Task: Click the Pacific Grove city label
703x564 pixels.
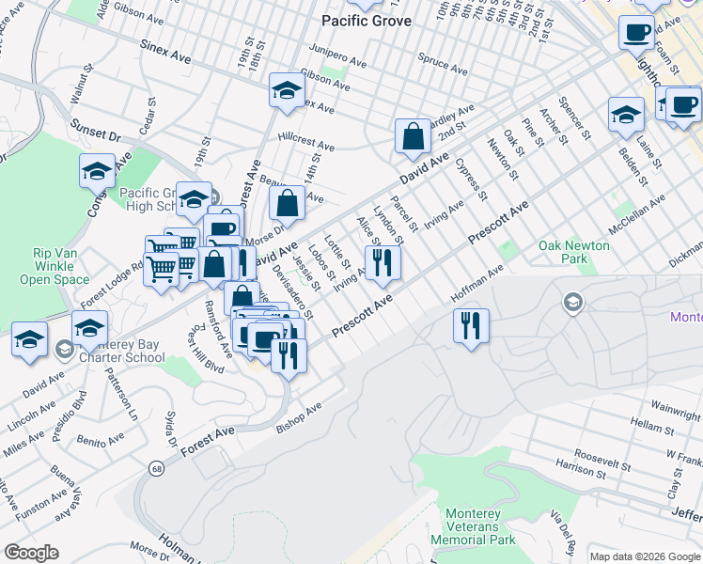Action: [x=367, y=21]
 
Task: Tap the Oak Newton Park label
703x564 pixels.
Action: [x=574, y=252]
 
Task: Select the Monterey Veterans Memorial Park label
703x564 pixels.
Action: [x=474, y=526]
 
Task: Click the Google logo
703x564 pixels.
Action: [x=31, y=552]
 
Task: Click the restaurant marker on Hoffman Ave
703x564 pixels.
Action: [x=468, y=325]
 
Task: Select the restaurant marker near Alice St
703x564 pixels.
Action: [x=382, y=261]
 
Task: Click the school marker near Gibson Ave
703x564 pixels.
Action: [x=286, y=89]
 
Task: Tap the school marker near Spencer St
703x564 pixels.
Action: [x=625, y=115]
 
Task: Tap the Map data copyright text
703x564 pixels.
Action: [x=643, y=556]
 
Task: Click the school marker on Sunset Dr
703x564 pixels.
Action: [x=96, y=170]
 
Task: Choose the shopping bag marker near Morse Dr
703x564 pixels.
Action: [x=288, y=202]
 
